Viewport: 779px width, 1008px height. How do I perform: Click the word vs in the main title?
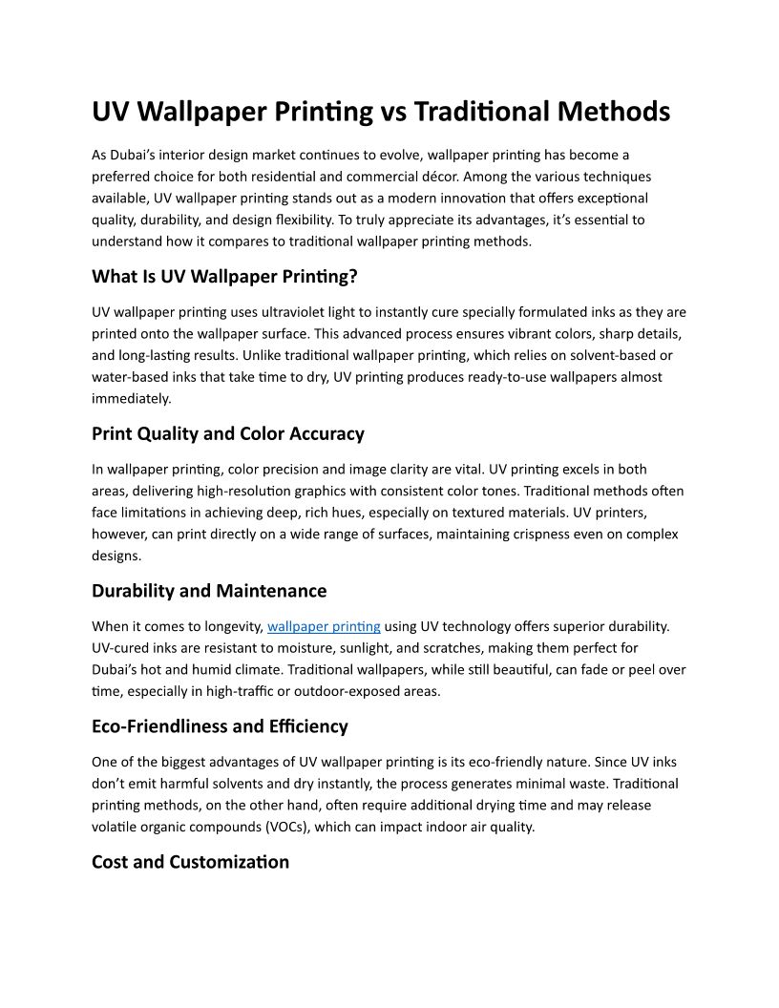(394, 112)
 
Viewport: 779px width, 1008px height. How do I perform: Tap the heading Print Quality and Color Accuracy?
(228, 433)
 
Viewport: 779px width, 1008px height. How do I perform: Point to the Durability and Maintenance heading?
(209, 591)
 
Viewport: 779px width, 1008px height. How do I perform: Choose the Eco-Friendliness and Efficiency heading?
(220, 726)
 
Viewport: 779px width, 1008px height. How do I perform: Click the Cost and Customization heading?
(190, 862)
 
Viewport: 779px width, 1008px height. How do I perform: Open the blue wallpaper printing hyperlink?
(324, 627)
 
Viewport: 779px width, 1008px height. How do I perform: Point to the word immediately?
(131, 398)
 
